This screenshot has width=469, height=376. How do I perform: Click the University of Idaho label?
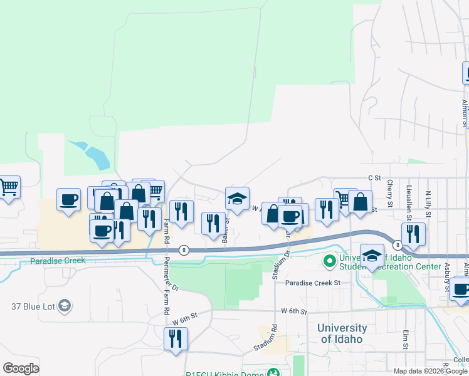click(x=342, y=333)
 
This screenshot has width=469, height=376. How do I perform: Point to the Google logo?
click(x=21, y=368)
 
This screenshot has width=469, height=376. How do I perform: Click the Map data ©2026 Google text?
click(x=430, y=371)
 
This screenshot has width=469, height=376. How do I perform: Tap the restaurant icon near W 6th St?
click(x=176, y=338)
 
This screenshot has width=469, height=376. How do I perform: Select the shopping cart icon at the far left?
click(x=9, y=187)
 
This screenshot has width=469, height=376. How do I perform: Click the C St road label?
click(x=375, y=178)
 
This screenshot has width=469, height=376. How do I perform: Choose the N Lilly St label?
click(x=428, y=203)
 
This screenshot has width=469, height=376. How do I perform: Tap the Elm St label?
click(x=406, y=339)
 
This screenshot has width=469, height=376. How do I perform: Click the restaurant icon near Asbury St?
click(x=413, y=234)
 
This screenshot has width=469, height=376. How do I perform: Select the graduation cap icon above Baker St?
click(x=237, y=199)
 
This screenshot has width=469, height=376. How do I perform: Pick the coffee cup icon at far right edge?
click(x=461, y=290)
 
